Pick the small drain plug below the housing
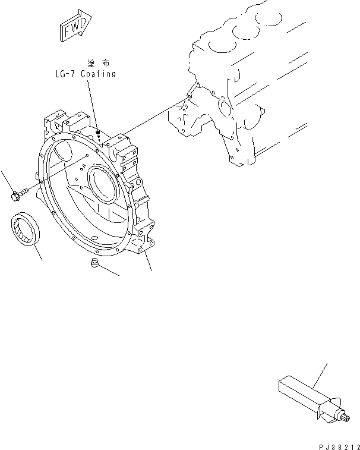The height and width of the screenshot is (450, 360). pos(94,264)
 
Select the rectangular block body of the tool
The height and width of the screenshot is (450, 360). pos(298,392)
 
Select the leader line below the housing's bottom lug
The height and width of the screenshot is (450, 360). pos(149,262)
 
